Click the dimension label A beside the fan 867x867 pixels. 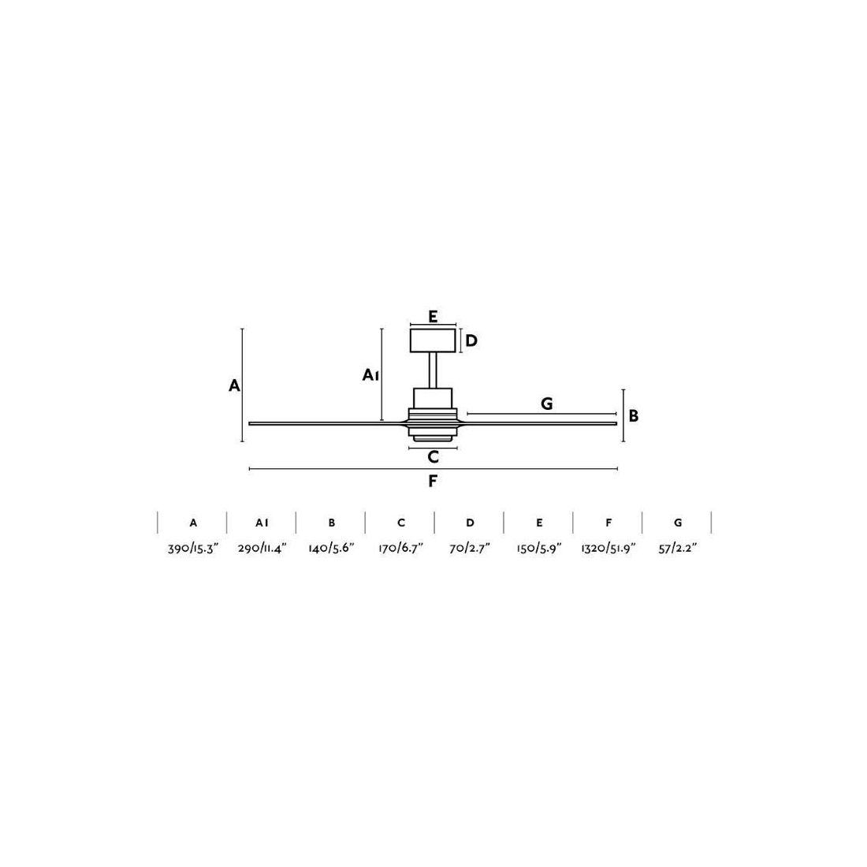click(234, 385)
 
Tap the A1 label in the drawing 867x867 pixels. click(370, 375)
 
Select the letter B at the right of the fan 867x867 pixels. click(634, 416)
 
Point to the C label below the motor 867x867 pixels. click(433, 457)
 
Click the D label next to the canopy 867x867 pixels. click(471, 340)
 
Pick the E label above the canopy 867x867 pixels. click(433, 317)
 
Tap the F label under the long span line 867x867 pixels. click(433, 481)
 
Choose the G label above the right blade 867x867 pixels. click(546, 404)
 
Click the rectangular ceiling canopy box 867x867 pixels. click(433, 340)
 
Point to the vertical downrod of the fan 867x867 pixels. click(433, 370)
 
